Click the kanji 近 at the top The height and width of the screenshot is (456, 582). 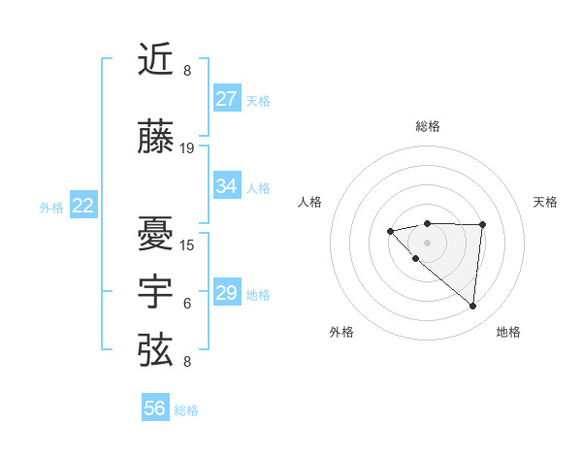pyautogui.click(x=157, y=59)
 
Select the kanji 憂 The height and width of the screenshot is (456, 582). pyautogui.click(x=157, y=233)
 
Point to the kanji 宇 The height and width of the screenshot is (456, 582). pyautogui.click(x=157, y=290)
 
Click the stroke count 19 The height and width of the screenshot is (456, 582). pyautogui.click(x=187, y=148)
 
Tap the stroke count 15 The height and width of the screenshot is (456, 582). pyautogui.click(x=187, y=244)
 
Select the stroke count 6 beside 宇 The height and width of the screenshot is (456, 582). pyautogui.click(x=187, y=304)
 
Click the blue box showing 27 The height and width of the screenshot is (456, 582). pyautogui.click(x=227, y=99)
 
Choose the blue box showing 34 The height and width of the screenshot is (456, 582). pyautogui.click(x=227, y=186)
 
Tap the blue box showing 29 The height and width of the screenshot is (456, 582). pyautogui.click(x=227, y=293)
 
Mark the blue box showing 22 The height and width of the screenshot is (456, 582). pyautogui.click(x=83, y=206)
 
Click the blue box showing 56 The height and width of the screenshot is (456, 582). pyautogui.click(x=155, y=408)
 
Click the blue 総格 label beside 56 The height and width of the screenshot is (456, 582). pyautogui.click(x=186, y=410)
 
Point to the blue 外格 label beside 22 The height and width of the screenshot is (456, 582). pyautogui.click(x=51, y=207)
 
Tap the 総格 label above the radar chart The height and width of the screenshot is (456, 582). pyautogui.click(x=427, y=126)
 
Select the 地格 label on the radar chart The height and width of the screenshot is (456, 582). pyautogui.click(x=508, y=332)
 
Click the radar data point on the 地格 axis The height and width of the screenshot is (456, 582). pyautogui.click(x=473, y=307)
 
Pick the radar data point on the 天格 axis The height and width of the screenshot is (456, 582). pyautogui.click(x=483, y=225)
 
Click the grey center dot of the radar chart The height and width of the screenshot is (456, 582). pyautogui.click(x=427, y=242)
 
